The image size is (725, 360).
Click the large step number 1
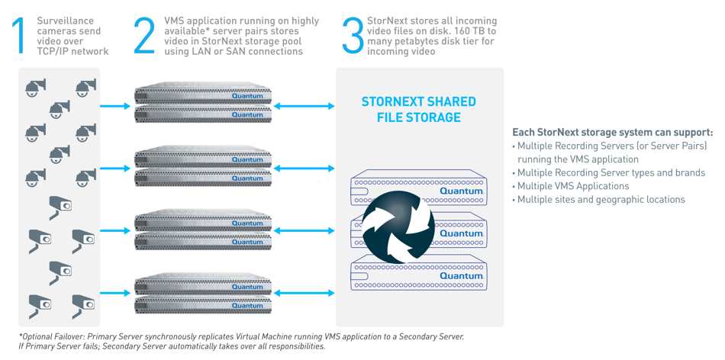pos(19,36)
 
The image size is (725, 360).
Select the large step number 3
pos(353,36)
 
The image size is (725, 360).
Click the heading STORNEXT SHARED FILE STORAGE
pos(418,110)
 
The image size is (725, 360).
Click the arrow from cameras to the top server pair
pos(115,106)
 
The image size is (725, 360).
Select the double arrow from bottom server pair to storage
pos(304,293)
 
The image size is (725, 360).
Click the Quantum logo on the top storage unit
pos(461,191)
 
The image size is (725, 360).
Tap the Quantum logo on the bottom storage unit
pos(461,275)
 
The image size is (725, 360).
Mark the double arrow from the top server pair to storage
pos(304,106)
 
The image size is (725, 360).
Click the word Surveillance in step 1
pos(65,21)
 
